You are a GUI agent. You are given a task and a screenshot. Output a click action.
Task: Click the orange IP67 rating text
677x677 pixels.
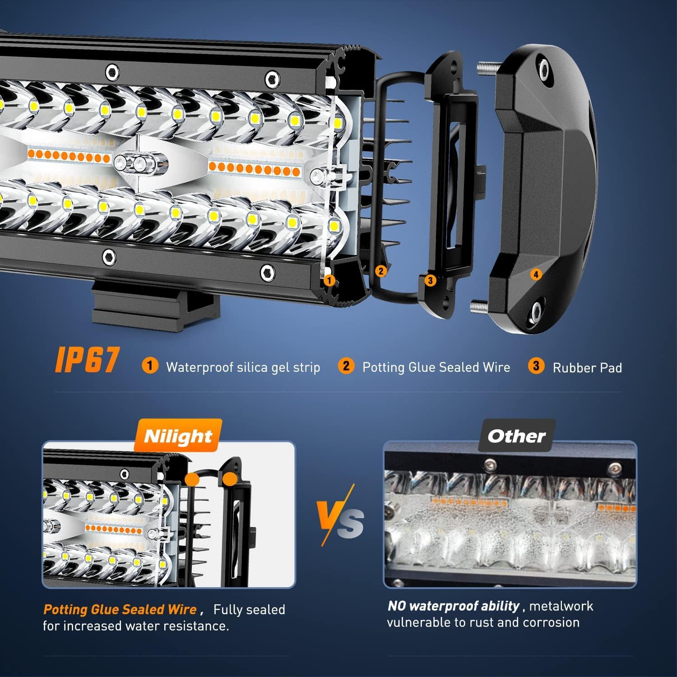tap(87, 360)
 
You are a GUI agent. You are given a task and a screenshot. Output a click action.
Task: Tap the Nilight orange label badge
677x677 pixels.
tap(178, 436)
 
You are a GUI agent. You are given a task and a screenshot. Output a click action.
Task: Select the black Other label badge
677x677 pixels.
tap(516, 436)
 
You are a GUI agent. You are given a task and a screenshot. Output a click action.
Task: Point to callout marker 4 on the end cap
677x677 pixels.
tap(536, 274)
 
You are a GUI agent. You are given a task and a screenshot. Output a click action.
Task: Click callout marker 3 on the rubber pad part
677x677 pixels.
tap(430, 280)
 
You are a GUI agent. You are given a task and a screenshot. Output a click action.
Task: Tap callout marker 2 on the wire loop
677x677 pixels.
tap(381, 271)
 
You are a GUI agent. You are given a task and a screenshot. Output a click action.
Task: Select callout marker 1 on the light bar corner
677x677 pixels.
tap(329, 280)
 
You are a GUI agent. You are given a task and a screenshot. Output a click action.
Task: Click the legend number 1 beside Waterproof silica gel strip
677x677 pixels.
tap(150, 366)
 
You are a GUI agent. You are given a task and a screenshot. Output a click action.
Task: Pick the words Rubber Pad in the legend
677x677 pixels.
tap(587, 368)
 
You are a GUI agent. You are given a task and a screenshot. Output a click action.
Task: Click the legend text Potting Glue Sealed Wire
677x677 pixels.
tap(436, 367)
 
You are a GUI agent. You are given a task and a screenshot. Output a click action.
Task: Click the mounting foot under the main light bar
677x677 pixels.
tap(156, 307)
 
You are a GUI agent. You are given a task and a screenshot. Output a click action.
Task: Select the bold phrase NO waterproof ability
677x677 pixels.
tap(454, 606)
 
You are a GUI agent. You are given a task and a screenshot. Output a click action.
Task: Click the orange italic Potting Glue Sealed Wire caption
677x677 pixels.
tap(120, 609)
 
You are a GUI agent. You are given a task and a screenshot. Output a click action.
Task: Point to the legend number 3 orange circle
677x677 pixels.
tap(536, 366)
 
